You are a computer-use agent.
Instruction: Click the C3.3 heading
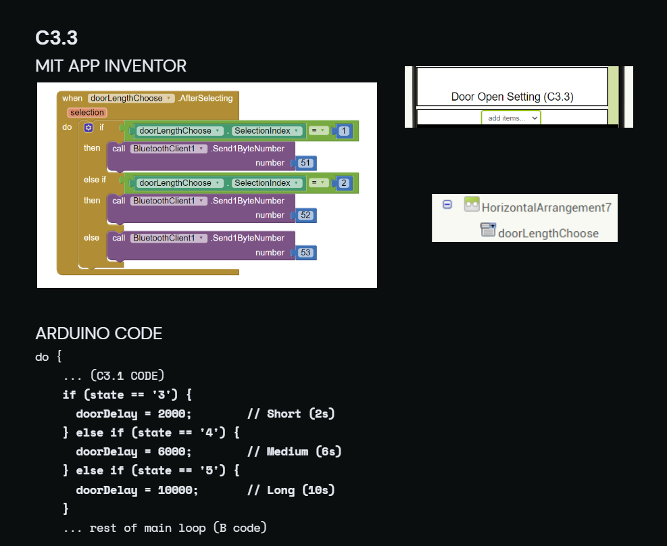pos(57,38)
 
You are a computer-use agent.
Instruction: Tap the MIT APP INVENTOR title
pos(111,66)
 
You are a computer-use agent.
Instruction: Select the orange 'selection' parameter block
pos(87,112)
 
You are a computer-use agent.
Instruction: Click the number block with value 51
pos(305,163)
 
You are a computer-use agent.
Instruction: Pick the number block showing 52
pos(305,215)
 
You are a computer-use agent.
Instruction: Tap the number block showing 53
pos(305,253)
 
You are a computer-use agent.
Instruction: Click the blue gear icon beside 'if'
pos(89,128)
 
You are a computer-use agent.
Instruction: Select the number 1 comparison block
pos(344,130)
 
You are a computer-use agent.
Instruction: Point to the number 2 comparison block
pos(344,183)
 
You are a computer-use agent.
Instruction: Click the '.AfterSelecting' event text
pos(205,98)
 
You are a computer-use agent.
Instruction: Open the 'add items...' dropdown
pos(511,118)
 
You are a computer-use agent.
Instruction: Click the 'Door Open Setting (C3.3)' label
pos(512,97)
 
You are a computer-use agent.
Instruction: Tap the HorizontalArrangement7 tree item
pos(546,207)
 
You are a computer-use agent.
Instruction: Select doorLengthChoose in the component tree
pos(548,233)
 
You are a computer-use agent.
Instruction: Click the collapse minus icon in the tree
pos(447,205)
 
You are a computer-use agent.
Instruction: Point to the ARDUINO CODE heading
pos(99,333)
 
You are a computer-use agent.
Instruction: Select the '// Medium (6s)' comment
pos(295,451)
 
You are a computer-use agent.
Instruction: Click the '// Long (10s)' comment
pos(291,490)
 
